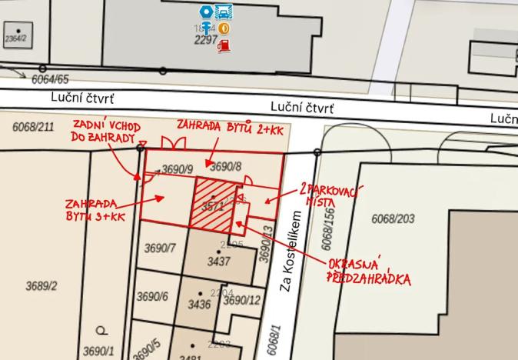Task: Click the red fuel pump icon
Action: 224,46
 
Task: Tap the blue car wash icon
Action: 224,12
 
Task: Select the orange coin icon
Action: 224,28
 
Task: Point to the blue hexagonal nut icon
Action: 206,12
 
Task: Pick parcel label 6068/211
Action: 33,127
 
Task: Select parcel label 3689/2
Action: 42,286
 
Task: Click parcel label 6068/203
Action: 393,219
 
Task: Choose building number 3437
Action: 219,262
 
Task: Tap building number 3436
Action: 199,305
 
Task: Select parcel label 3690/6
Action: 152,296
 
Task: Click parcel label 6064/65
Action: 50,79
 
